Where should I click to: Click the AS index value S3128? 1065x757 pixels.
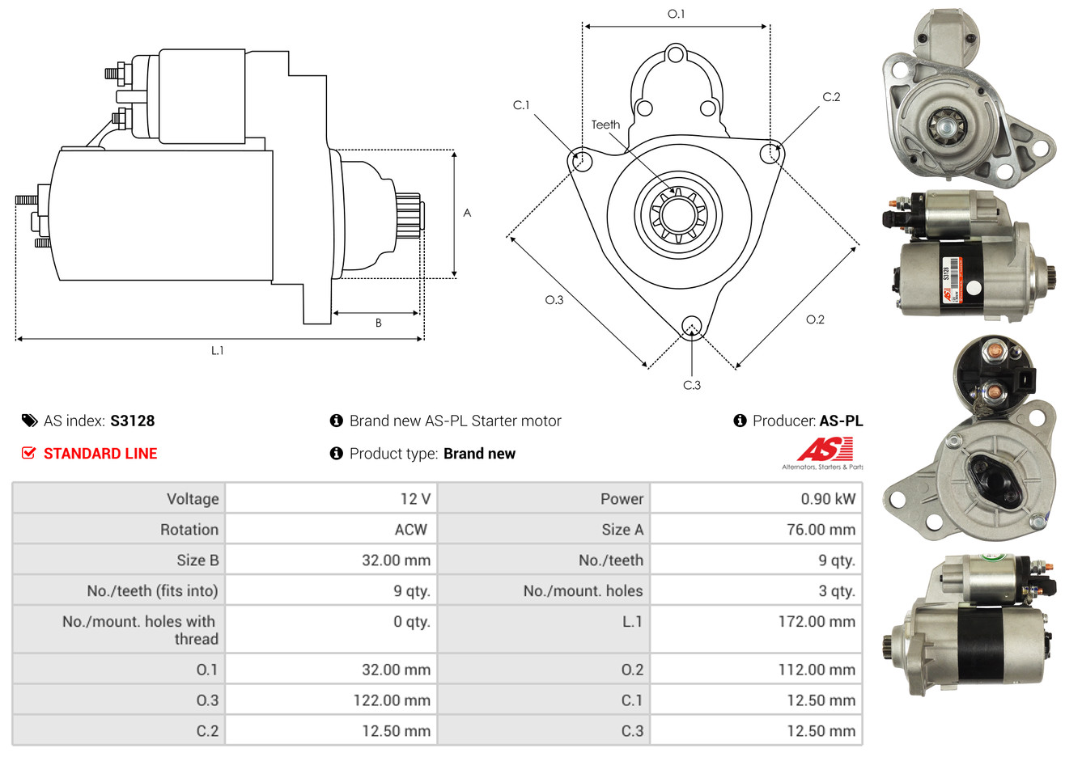(132, 421)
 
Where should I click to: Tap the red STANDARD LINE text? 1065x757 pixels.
(100, 454)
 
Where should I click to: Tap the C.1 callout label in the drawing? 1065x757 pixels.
(521, 105)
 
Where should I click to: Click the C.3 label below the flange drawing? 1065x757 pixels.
(692, 385)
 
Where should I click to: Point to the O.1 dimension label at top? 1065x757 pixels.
(676, 14)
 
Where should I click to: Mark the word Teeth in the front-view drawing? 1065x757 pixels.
(605, 125)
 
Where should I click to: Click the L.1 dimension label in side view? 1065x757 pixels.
(218, 350)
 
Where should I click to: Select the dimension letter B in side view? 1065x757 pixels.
(378, 323)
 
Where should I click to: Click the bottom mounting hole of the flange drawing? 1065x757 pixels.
(691, 327)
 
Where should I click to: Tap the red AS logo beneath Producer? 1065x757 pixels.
(825, 449)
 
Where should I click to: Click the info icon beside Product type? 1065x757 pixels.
(337, 454)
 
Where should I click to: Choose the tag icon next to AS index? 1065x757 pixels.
(29, 421)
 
